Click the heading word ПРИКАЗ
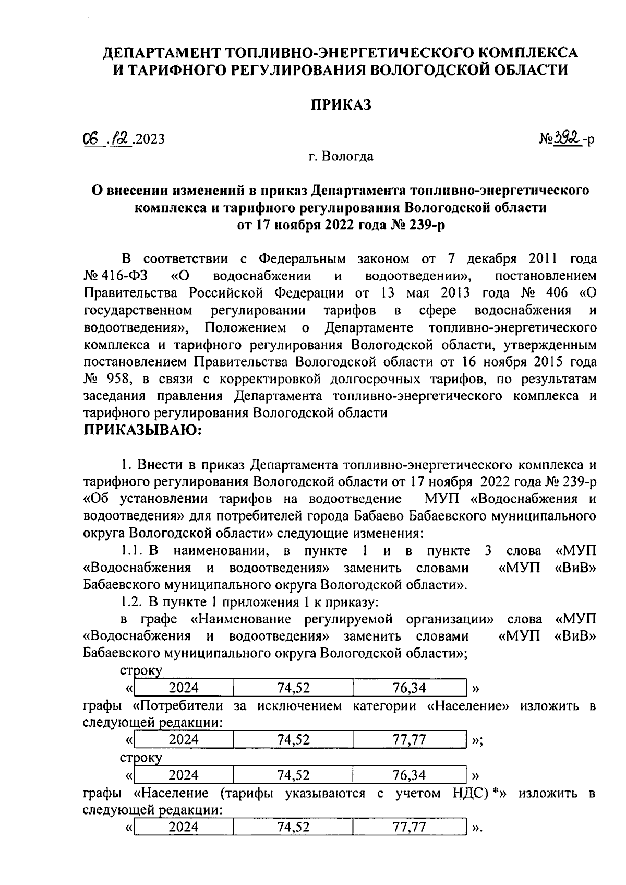coord(341,104)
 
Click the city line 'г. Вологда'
coord(341,156)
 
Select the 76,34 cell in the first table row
coord(409,688)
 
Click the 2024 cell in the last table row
coord(184,827)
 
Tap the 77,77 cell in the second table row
coord(409,739)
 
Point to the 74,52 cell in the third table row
coord(293,775)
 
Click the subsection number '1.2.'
coord(131,602)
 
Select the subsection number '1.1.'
coord(131,551)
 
